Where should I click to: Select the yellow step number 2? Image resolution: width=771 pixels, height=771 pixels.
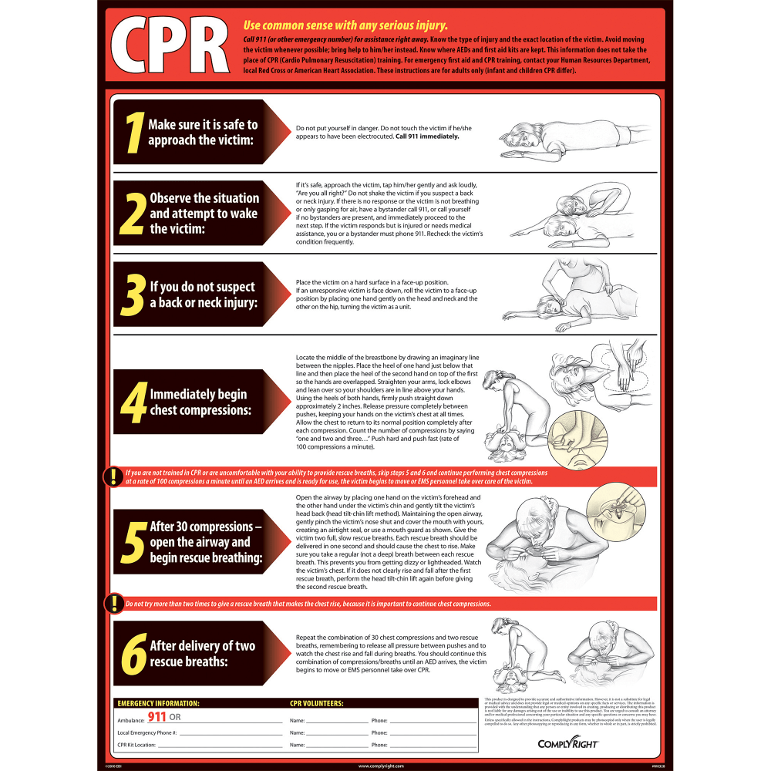tap(132, 213)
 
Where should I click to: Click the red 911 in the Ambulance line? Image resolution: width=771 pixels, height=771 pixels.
tap(157, 716)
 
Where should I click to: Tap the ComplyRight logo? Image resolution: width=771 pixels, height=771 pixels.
tap(557, 744)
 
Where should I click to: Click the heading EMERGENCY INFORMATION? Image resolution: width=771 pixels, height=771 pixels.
tap(158, 703)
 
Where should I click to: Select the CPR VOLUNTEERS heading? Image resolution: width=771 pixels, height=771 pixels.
tap(317, 703)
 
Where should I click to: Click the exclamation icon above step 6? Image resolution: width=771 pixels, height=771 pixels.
tap(113, 603)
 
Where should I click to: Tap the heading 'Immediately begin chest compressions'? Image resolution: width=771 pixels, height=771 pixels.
tap(200, 402)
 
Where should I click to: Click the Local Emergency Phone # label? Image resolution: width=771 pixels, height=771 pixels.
tap(147, 732)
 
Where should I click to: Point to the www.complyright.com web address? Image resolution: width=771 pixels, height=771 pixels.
tap(385, 766)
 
